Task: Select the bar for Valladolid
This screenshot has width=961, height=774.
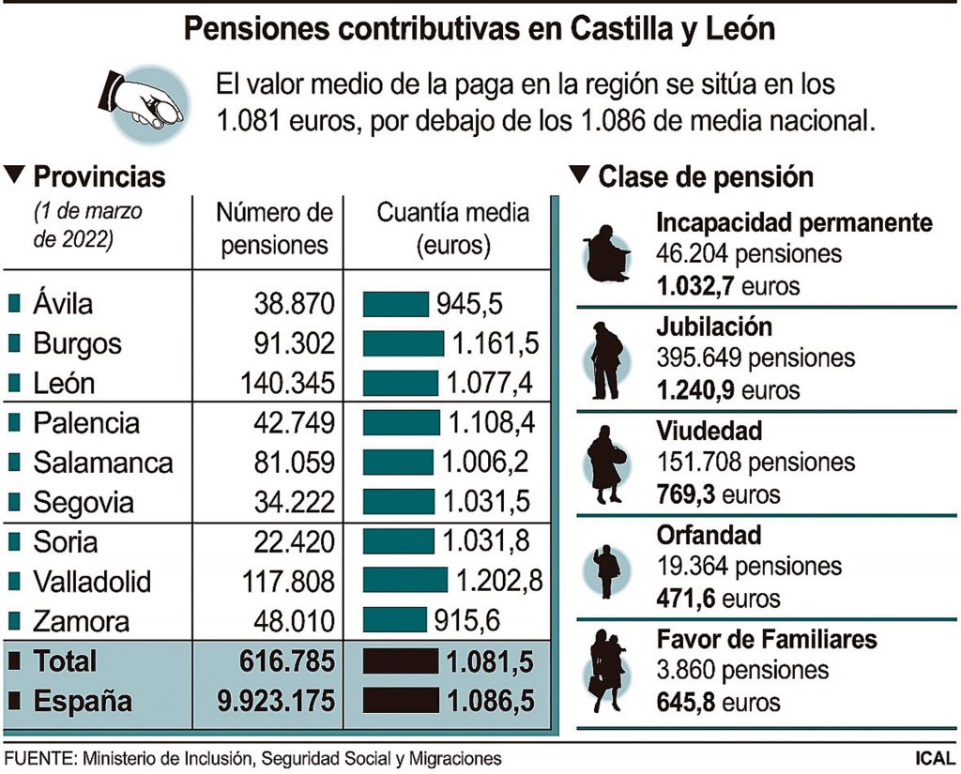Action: pyautogui.click(x=404, y=581)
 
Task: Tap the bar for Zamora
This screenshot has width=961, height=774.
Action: pyautogui.click(x=394, y=620)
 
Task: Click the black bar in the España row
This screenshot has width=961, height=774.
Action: pyautogui.click(x=401, y=701)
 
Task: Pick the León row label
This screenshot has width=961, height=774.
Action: pyautogui.click(x=64, y=384)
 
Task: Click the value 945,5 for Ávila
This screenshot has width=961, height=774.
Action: pyautogui.click(x=468, y=304)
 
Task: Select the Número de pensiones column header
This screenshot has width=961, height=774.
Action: pyautogui.click(x=274, y=229)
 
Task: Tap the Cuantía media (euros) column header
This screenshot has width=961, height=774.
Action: pyautogui.click(x=452, y=229)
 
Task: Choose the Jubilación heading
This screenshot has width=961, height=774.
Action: pyautogui.click(x=715, y=326)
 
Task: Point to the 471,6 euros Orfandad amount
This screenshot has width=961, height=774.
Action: pyautogui.click(x=717, y=598)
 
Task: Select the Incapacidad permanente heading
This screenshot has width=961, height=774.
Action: pyautogui.click(x=794, y=222)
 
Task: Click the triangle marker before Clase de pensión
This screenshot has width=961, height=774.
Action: pyautogui.click(x=580, y=175)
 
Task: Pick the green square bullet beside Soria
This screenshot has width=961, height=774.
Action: pyautogui.click(x=15, y=541)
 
